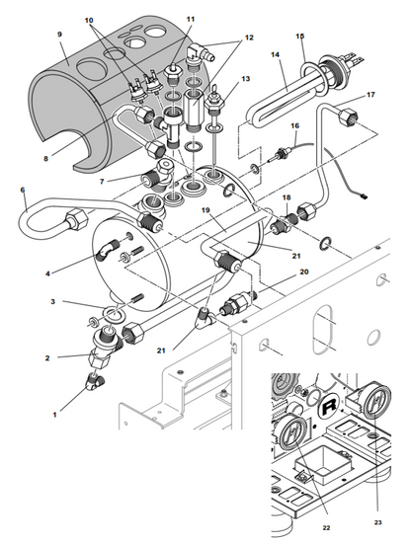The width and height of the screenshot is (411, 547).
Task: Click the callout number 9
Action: (59, 35)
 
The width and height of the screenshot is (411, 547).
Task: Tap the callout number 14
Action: (276, 54)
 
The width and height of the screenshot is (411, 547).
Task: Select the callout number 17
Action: (370, 95)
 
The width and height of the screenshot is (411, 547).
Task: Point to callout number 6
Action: (23, 190)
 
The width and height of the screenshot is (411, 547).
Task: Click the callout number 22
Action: (326, 528)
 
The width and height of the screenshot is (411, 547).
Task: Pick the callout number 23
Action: (377, 522)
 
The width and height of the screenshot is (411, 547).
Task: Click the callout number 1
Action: (54, 415)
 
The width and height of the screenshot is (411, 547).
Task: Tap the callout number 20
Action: (304, 272)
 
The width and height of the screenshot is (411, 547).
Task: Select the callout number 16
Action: (295, 125)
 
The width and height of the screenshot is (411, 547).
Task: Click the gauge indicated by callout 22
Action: (293, 432)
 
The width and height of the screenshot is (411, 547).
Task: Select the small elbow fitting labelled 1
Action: (95, 381)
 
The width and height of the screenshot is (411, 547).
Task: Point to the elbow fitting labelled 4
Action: (107, 250)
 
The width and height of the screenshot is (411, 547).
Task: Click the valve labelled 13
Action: (213, 101)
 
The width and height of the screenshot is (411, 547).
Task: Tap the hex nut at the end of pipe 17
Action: (346, 117)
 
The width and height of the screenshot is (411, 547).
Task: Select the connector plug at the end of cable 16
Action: (364, 196)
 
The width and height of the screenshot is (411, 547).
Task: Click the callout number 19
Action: (205, 210)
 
